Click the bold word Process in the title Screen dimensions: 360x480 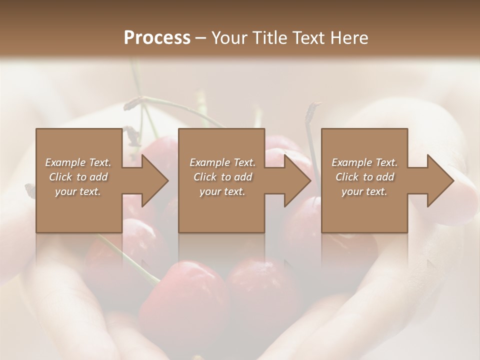157,38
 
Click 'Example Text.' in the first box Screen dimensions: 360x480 78,162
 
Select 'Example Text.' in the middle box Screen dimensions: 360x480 222,162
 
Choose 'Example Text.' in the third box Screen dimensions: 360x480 364,162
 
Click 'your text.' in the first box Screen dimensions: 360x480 78,191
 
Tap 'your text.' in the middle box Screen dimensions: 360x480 222,191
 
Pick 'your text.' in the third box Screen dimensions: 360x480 364,191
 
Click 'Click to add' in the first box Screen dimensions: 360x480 78,177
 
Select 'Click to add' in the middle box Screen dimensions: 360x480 222,177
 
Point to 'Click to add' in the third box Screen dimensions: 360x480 364,177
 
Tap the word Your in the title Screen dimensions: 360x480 228,38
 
